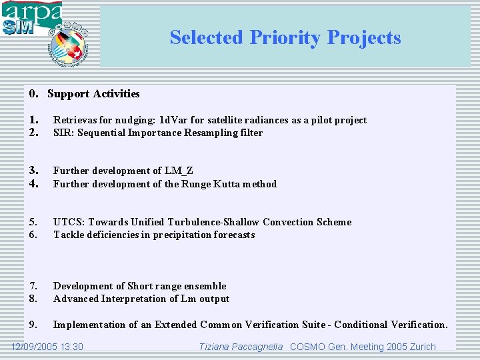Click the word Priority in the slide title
(x=285, y=37)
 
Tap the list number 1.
(x=33, y=120)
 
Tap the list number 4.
(x=33, y=184)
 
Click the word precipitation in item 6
(x=175, y=235)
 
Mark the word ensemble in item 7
(x=205, y=286)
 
